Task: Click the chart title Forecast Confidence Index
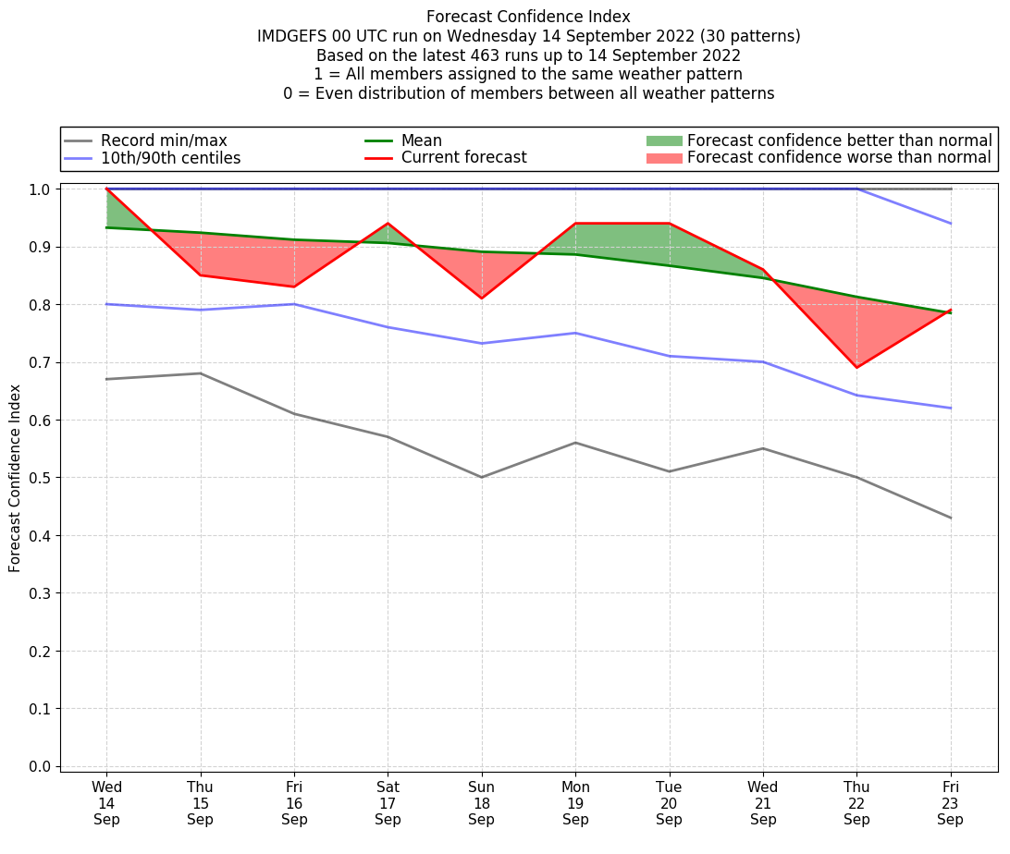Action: pos(528,17)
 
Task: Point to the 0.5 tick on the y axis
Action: pos(43,478)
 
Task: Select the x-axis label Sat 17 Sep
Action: pos(388,802)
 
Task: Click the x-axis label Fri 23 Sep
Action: pos(950,802)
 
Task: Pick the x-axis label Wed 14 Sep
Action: pos(106,802)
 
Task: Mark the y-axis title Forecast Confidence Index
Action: pos(15,479)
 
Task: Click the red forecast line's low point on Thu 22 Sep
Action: pos(856,368)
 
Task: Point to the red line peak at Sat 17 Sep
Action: pos(388,224)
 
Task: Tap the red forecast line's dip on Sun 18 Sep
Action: pos(481,298)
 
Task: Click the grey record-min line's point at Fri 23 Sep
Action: pos(950,518)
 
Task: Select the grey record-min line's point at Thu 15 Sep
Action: pos(200,373)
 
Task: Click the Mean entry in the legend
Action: pos(421,140)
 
